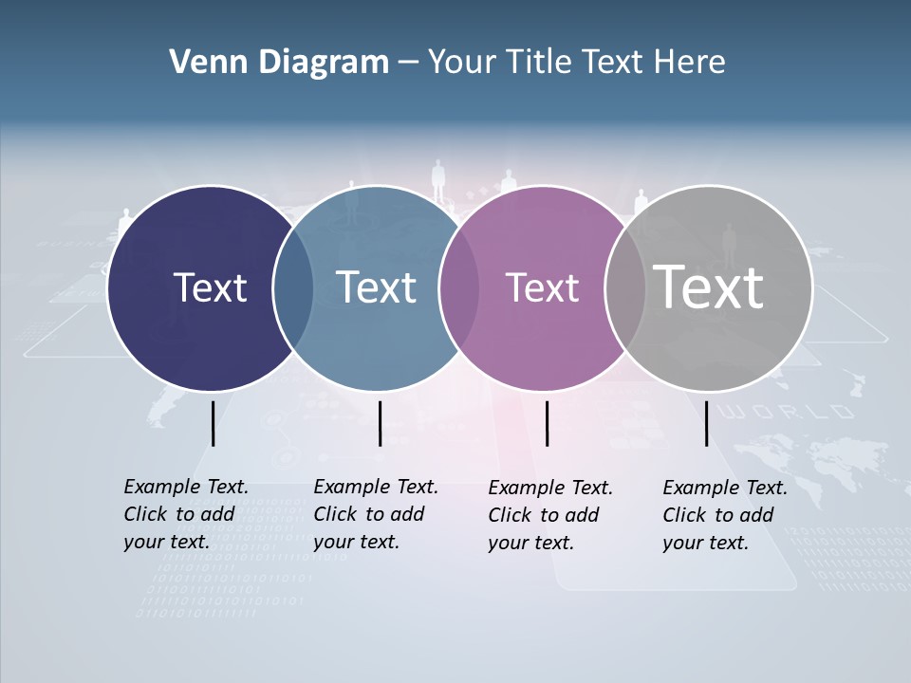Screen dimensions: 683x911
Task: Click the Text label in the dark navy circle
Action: (210, 287)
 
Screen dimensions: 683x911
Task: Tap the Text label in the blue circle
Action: (376, 287)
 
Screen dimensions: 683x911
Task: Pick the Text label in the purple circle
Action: (542, 287)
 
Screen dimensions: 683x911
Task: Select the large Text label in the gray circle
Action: (708, 287)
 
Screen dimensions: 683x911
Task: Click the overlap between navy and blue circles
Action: (293, 287)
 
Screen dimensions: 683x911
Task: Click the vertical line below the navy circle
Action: (213, 423)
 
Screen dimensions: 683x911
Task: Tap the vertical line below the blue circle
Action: (380, 423)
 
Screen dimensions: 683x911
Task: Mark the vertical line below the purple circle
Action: (547, 423)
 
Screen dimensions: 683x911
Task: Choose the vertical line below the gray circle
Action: (706, 423)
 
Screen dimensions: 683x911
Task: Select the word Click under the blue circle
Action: (335, 514)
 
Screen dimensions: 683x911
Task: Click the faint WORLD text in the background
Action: (789, 412)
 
